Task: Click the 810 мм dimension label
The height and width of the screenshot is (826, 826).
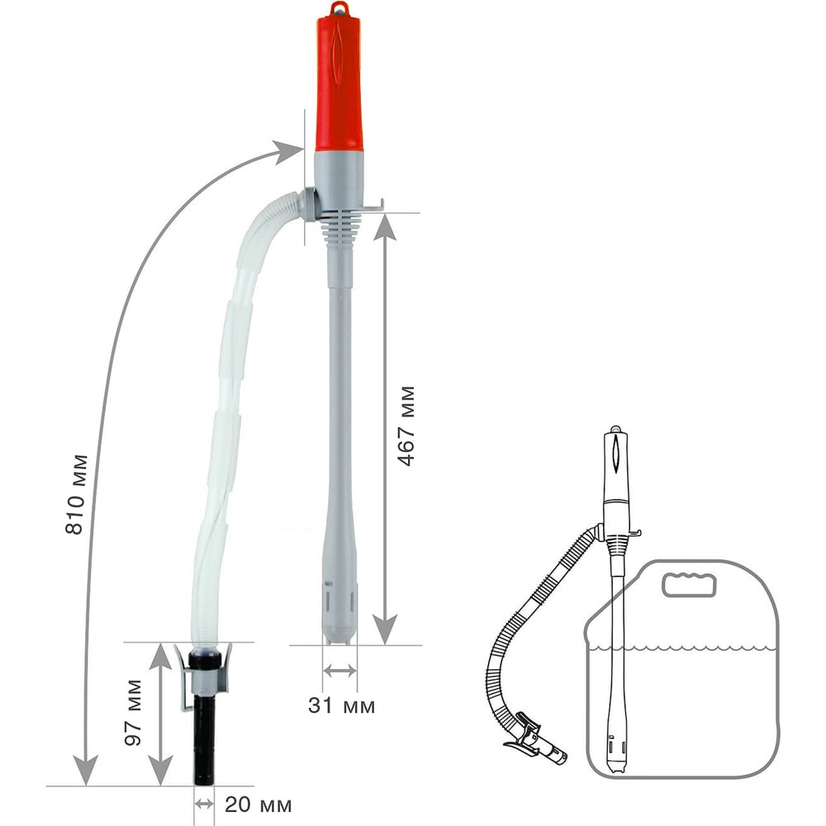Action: pos(75,494)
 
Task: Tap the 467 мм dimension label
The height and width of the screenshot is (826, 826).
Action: pos(406,426)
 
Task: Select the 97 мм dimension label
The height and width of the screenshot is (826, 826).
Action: pos(133,713)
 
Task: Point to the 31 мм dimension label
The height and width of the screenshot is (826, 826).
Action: pos(341,706)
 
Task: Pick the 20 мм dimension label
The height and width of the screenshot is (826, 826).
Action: pos(258,805)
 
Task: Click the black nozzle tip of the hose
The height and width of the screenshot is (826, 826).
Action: pos(204,740)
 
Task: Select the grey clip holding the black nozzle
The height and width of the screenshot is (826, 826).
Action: pos(203,676)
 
